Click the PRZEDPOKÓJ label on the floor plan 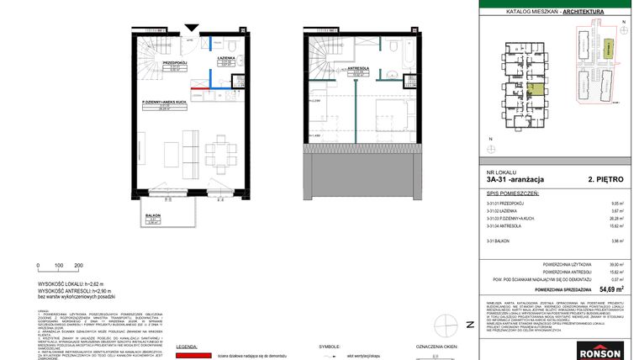[174, 61]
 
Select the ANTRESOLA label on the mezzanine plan [358, 69]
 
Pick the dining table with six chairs [222, 154]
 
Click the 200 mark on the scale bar [79, 266]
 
